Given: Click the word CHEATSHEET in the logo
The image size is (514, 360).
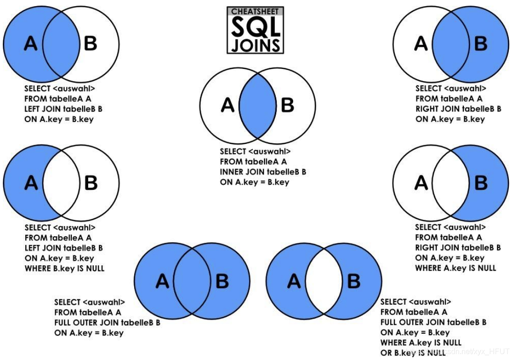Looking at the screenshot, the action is pyautogui.click(x=256, y=11).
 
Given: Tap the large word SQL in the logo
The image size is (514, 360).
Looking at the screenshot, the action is pyautogui.click(x=256, y=28).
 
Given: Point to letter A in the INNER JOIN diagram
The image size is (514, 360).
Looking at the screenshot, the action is pyautogui.click(x=228, y=106).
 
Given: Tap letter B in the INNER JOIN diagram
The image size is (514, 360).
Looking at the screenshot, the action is pyautogui.click(x=287, y=106).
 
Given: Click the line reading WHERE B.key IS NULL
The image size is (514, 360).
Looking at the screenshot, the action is pyautogui.click(x=65, y=268).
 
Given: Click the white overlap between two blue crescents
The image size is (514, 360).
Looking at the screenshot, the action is pyautogui.click(x=324, y=281).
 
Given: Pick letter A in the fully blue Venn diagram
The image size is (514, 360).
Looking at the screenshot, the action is pyautogui.click(x=162, y=281).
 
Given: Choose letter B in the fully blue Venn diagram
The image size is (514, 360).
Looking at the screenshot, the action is pyautogui.click(x=222, y=281).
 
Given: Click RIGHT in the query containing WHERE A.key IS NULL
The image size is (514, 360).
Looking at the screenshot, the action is pyautogui.click(x=427, y=247).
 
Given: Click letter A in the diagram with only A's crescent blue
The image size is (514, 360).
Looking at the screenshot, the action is pyautogui.click(x=31, y=182).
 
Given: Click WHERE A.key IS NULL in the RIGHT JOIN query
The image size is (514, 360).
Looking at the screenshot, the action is pyautogui.click(x=455, y=268).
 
